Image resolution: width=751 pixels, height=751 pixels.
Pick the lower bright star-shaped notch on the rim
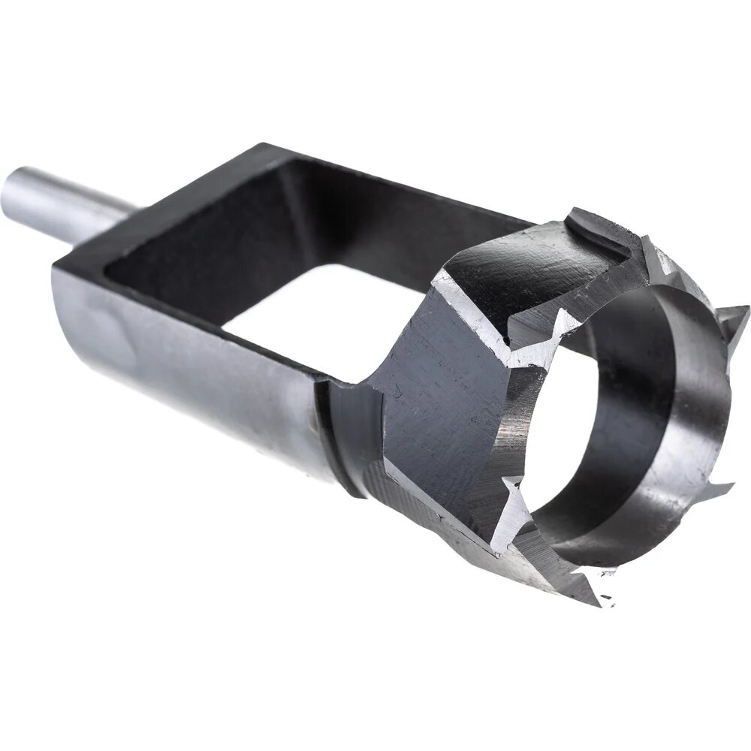pos(518,503)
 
